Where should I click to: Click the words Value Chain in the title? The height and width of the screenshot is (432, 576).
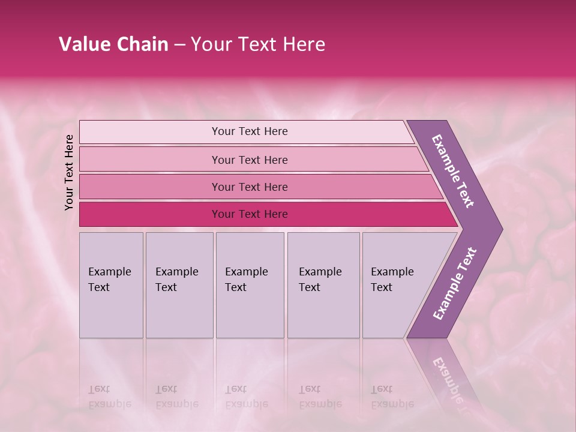coord(113,44)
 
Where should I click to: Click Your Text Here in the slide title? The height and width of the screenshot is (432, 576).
coord(258,44)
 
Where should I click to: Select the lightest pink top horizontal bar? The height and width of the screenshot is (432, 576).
coord(246,131)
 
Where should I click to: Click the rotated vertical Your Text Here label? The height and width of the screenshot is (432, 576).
coord(69,172)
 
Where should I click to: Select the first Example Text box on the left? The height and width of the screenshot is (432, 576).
coord(111,285)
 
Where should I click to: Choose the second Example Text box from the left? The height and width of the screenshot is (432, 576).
coord(179,285)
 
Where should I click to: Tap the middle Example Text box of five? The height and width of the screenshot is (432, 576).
coord(250,285)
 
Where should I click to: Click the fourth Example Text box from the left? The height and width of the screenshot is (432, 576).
coord(323,285)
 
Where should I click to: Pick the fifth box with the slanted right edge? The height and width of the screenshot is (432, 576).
coord(396,285)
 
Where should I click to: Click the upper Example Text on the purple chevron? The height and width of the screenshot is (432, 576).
coord(453,171)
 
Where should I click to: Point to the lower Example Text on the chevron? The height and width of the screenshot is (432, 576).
coord(455,284)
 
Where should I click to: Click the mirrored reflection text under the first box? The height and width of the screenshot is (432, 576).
coord(110,397)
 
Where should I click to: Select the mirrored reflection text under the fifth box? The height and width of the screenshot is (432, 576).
coord(392,397)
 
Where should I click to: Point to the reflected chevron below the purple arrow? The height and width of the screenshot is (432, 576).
coord(447,378)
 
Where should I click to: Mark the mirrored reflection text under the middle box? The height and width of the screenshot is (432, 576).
coord(247,397)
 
